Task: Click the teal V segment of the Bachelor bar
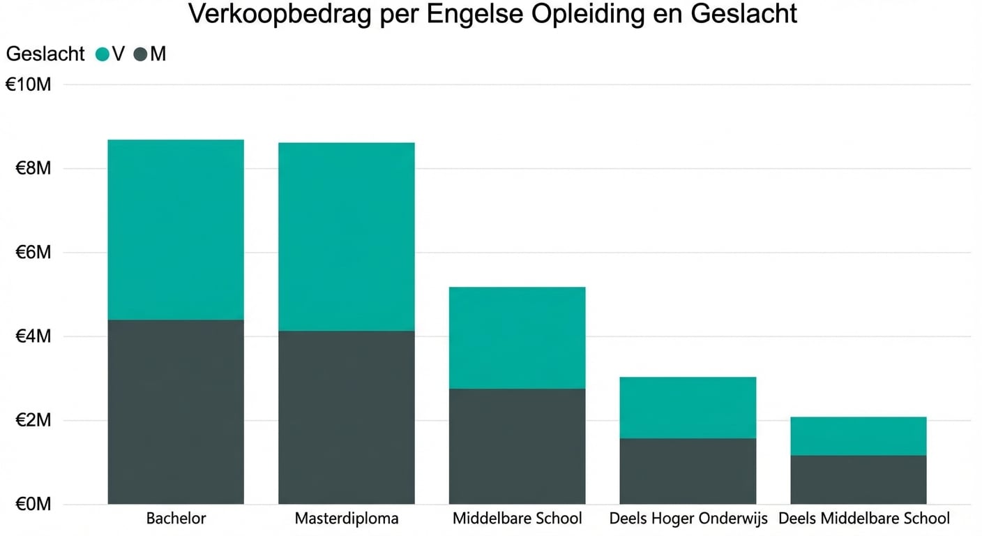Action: [x=176, y=230]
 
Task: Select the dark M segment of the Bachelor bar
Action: [x=176, y=412]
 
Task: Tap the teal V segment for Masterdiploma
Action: [x=346, y=237]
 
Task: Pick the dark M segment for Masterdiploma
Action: [x=346, y=417]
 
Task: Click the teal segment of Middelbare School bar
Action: [x=517, y=338]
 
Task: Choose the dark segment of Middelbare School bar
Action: [x=517, y=446]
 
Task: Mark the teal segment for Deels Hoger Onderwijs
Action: [x=688, y=408]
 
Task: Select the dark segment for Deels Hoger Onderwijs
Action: [x=688, y=471]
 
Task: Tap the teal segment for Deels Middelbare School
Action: [x=858, y=436]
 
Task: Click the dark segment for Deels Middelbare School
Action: [x=858, y=479]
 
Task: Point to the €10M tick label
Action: [x=29, y=84]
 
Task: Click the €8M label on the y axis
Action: [x=33, y=168]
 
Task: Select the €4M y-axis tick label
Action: [x=33, y=336]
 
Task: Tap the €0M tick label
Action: [x=33, y=504]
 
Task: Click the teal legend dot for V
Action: [x=103, y=54]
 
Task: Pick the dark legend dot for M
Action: [x=140, y=54]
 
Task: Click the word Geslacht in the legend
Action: [x=45, y=54]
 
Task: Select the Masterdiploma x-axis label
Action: [x=347, y=519]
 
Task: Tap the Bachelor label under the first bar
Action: [x=176, y=519]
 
